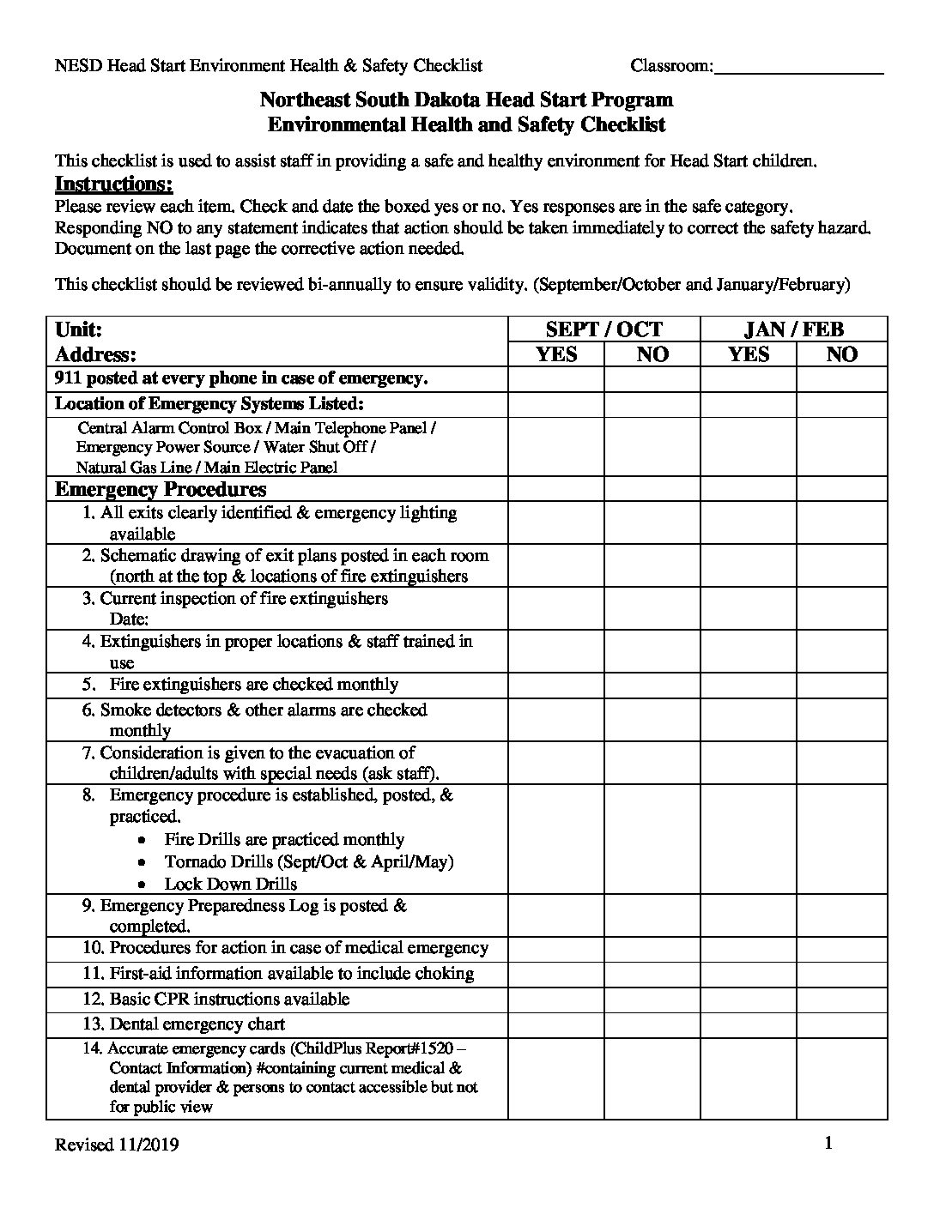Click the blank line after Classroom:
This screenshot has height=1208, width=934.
coord(798,67)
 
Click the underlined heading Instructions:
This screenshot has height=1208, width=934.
coord(114,184)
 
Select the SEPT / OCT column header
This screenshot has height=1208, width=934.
coord(604,329)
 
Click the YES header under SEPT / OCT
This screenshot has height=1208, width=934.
coord(556,354)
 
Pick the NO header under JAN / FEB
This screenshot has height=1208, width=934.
coord(841,354)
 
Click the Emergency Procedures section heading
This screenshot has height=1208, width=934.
coord(161,490)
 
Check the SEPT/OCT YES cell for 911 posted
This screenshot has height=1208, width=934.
coord(556,379)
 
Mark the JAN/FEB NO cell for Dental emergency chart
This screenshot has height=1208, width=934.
coord(841,1024)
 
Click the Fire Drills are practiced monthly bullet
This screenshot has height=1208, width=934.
coord(284,840)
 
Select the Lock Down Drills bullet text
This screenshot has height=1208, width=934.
coord(231,884)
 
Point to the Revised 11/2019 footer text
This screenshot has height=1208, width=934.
coord(117,1145)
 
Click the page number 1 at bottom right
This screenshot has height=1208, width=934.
coord(828,1143)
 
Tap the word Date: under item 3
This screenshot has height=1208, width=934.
coord(130,619)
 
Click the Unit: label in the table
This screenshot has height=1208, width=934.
coord(79,329)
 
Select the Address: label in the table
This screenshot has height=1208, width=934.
coord(96,354)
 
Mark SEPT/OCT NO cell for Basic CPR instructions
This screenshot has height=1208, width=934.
coord(652,1000)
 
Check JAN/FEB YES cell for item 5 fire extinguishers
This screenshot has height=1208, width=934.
coord(749,686)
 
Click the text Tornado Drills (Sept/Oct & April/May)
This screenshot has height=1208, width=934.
coord(309,861)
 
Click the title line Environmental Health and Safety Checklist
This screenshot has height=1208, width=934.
coord(466,124)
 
